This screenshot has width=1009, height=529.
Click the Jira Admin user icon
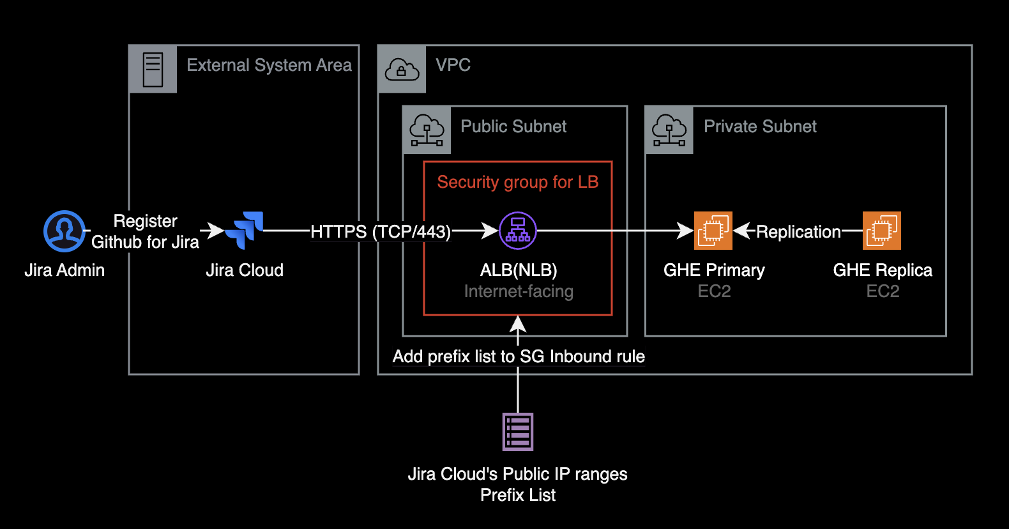click(x=64, y=231)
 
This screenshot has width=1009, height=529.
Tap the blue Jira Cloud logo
click(x=245, y=230)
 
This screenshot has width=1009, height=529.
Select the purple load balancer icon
click(x=518, y=231)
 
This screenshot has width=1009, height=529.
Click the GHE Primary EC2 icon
click(x=713, y=231)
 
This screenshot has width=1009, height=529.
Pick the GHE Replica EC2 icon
click(x=882, y=231)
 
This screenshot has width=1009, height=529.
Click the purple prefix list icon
click(x=518, y=432)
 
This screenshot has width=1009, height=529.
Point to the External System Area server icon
click(x=153, y=70)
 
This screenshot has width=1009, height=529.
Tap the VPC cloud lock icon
click(x=402, y=70)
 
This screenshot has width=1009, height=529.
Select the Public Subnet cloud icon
click(x=427, y=130)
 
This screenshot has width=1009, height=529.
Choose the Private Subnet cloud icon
click(x=669, y=130)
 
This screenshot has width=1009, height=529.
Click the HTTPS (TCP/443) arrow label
click(x=381, y=231)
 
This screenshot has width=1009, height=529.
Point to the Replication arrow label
click(x=798, y=231)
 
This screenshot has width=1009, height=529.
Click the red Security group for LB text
click(x=518, y=182)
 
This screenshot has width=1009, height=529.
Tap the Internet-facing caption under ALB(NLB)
click(x=519, y=291)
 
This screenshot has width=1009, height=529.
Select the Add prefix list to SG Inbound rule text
click(x=519, y=356)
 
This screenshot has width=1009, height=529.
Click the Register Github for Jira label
click(x=146, y=231)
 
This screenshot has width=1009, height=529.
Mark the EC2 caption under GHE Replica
click(x=883, y=291)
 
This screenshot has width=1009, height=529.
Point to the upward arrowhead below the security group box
click(x=518, y=324)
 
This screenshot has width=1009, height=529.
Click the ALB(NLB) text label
click(x=519, y=270)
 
